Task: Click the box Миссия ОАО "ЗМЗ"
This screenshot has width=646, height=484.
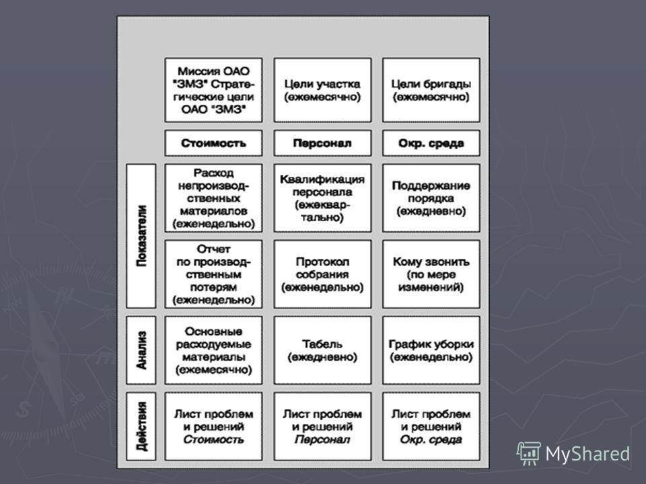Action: [x=213, y=90]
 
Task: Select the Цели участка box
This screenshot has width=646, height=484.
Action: [x=322, y=90]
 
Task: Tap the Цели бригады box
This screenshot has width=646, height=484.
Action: [x=431, y=90]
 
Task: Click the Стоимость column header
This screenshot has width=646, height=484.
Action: [x=213, y=143]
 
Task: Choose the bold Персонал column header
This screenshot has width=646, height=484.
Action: [x=322, y=143]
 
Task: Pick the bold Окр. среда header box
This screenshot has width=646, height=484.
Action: [x=431, y=143]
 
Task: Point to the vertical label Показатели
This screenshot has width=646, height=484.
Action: [x=141, y=236]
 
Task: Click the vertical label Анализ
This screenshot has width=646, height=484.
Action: [x=141, y=350]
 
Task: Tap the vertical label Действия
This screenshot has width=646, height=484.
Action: [x=141, y=426]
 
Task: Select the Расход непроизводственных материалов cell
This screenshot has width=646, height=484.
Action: [x=213, y=198]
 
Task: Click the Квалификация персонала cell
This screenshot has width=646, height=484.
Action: [x=322, y=198]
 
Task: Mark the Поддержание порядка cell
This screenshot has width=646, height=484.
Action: [x=431, y=198]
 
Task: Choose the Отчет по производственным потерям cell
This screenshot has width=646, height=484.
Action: [x=213, y=274]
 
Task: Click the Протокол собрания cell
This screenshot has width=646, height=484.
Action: [x=322, y=274]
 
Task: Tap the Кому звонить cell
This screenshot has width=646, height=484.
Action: [x=431, y=274]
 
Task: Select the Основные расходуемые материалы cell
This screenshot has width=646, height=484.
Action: [x=213, y=350]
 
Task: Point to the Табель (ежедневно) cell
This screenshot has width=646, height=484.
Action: [x=322, y=350]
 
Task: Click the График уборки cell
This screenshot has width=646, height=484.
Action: [x=431, y=350]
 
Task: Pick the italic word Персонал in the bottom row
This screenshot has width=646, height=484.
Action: [x=322, y=440]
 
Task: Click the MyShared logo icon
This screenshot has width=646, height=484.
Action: [x=529, y=454]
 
